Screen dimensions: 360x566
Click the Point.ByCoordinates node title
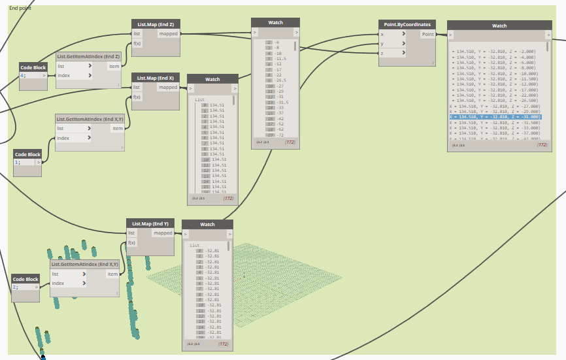[407, 24]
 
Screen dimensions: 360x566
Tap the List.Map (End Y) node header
[150, 223]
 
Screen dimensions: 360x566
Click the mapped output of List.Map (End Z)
[168, 33]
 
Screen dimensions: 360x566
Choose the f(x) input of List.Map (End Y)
[132, 243]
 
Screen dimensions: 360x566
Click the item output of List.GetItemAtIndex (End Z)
[113, 66]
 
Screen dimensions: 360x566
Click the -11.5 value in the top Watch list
[281, 58]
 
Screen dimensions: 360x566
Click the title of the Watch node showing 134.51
[212, 79]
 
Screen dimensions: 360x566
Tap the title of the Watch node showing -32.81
[207, 224]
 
